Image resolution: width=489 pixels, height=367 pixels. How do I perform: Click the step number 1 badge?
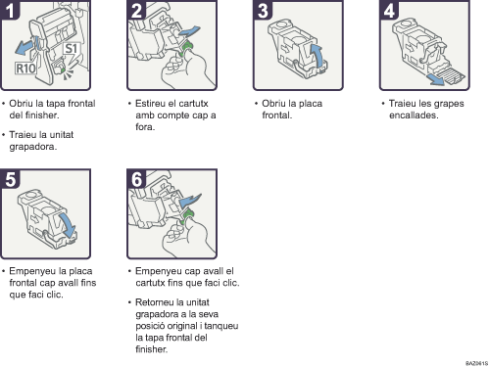[10, 10]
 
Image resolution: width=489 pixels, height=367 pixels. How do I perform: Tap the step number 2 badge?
[136, 10]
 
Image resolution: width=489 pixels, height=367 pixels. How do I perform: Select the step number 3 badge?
[263, 10]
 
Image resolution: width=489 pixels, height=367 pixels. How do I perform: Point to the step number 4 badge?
[389, 10]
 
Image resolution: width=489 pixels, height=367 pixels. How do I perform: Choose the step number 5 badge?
[10, 179]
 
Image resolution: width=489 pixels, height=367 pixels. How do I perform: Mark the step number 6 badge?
[136, 179]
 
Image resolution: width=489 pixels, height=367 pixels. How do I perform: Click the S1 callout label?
[72, 49]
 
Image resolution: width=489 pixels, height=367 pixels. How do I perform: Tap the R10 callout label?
[25, 69]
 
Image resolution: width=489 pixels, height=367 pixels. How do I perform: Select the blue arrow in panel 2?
[189, 32]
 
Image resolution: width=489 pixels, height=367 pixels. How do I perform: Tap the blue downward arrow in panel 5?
[67, 225]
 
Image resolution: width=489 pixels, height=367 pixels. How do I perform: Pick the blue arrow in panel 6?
[190, 200]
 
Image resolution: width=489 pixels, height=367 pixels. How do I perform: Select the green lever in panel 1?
[62, 69]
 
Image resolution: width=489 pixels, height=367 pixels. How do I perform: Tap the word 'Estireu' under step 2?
[150, 104]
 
